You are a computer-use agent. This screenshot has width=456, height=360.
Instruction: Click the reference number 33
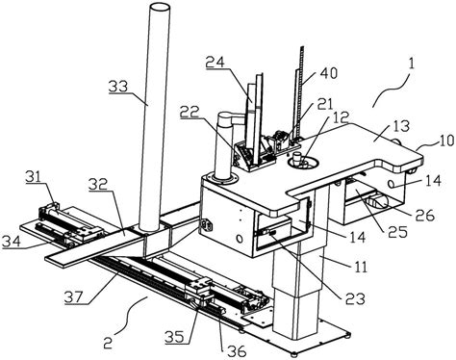tap(117, 87)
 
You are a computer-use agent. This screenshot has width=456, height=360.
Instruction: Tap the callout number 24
tap(215, 62)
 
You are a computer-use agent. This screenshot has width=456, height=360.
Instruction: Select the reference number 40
tap(328, 73)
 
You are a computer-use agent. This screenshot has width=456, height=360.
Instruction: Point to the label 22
tap(190, 112)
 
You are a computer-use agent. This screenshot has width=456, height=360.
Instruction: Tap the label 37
tap(75, 297)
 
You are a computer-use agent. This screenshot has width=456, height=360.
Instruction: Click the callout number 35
tap(175, 337)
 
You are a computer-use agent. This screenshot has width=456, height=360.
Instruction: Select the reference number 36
tap(236, 351)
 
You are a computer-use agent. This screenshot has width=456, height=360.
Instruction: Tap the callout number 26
tap(425, 215)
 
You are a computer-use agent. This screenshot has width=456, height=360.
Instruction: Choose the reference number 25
tap(397, 232)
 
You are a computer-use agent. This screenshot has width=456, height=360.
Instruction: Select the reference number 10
tap(446, 141)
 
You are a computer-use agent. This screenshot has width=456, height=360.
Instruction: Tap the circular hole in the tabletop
tap(304, 163)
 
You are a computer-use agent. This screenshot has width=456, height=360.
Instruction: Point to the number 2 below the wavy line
tap(108, 344)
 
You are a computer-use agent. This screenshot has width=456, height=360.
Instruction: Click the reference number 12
tap(341, 118)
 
